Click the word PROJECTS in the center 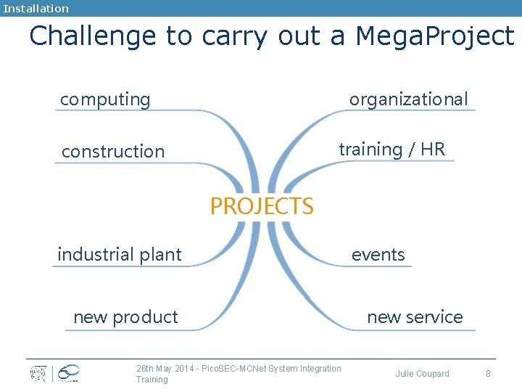[262, 206]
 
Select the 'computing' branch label [105, 99]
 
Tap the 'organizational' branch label [409, 99]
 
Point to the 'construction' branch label [113, 152]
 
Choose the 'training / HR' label [391, 150]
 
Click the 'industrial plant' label [120, 255]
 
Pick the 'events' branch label [378, 255]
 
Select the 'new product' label [125, 317]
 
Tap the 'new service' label [415, 317]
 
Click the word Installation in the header [36, 9]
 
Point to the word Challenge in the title [93, 36]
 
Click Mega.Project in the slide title [434, 36]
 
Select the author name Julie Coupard [422, 374]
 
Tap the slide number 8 [488, 374]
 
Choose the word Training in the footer [152, 380]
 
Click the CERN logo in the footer [38, 373]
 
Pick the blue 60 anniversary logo [67, 373]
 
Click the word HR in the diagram [432, 150]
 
